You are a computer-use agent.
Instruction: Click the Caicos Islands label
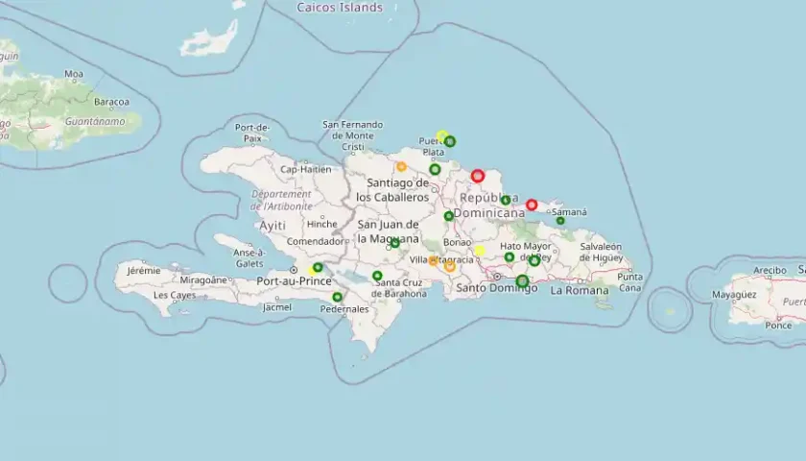(340, 8)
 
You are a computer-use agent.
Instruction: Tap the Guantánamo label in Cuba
(69, 121)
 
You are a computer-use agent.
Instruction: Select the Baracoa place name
(111, 101)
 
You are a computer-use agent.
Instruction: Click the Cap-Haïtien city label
(305, 169)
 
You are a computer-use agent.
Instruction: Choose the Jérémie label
(144, 272)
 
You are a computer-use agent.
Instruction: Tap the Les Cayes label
(175, 295)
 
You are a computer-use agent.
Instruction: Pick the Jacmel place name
(276, 307)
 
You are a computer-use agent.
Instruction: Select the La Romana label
(580, 290)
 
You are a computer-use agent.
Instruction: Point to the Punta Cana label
(630, 282)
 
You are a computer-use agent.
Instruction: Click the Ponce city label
(778, 325)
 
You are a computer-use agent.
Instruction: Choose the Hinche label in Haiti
(321, 224)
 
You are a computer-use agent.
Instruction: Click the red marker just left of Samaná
(532, 205)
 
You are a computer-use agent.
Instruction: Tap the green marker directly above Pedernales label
(337, 297)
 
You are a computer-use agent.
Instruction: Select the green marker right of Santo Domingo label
(522, 281)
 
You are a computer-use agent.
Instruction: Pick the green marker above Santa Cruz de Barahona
(377, 276)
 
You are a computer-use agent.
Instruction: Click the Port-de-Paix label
(252, 133)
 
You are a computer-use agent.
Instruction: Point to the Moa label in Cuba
(74, 73)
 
